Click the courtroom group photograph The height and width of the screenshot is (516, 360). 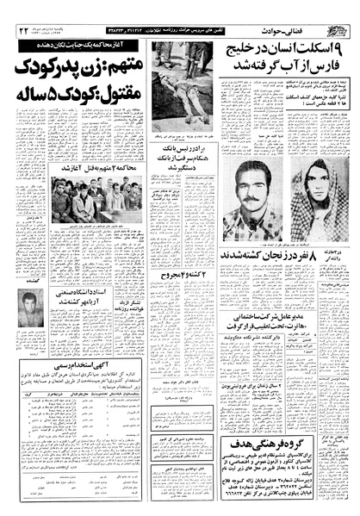(x=85, y=204)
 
